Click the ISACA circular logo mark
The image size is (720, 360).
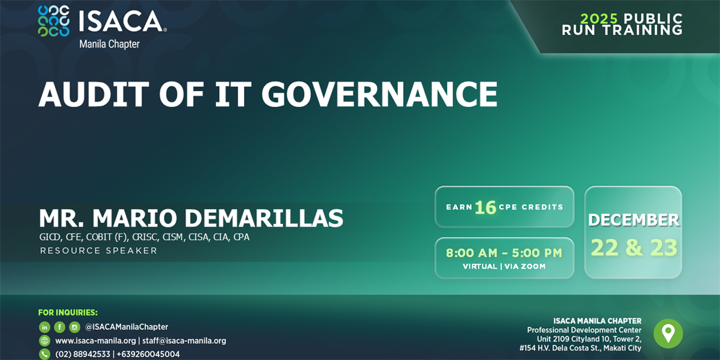[x=53, y=21]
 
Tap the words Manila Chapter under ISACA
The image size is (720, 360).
[x=109, y=44]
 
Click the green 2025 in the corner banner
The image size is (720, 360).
[x=599, y=19]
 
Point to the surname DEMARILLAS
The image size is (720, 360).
[x=264, y=218]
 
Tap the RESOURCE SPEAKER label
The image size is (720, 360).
[x=98, y=251]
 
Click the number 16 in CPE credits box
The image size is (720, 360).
[x=485, y=208]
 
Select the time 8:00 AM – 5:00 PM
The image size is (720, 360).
[x=504, y=253]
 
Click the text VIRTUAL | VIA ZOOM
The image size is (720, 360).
[x=504, y=266]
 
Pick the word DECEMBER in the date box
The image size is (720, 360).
[x=634, y=220]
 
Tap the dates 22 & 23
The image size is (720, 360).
[x=634, y=247]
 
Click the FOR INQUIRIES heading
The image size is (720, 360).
[x=68, y=313]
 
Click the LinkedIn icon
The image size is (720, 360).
[x=44, y=327]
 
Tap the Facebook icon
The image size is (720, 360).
[x=59, y=327]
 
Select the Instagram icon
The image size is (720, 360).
[x=74, y=327]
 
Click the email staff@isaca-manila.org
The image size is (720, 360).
[x=184, y=341]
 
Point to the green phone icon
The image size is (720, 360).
[x=44, y=354]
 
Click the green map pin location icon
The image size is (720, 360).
[x=668, y=334]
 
